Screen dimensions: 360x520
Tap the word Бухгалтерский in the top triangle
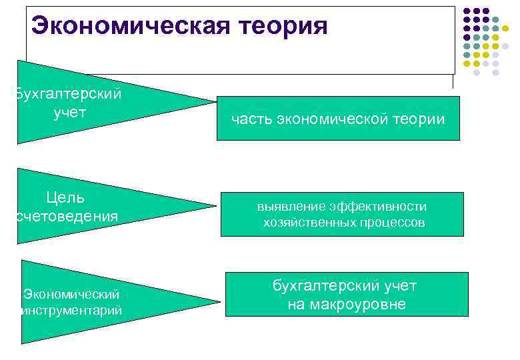tap(69, 94)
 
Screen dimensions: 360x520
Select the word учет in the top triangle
tap(70, 112)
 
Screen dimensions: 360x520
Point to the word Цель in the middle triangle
tap(65, 197)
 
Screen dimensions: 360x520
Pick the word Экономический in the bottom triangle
tap(72, 293)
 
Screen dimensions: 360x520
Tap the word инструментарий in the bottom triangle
tap(73, 310)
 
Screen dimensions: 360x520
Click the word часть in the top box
tap(251, 120)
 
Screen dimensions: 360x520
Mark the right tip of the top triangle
tap(215, 102)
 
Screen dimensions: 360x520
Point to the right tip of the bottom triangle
tap(219, 302)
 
